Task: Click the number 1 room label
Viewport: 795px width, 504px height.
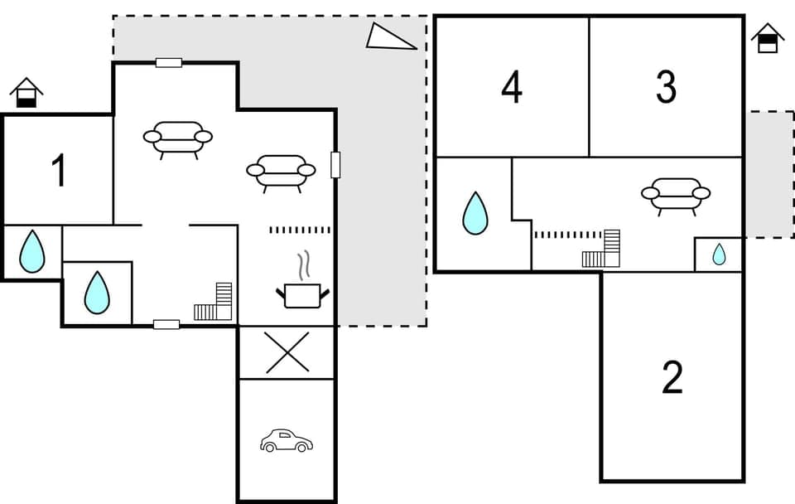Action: point(58,172)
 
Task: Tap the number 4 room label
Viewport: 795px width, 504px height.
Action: point(512,87)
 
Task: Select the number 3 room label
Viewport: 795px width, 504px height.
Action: point(666,87)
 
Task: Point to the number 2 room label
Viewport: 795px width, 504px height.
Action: point(672,378)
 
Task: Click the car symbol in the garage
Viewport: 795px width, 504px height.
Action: point(286,440)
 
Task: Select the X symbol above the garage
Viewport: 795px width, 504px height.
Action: point(287,352)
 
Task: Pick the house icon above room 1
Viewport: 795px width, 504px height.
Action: point(26,92)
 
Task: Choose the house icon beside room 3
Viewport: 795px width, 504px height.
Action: point(768,38)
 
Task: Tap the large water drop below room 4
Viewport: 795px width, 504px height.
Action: point(475,213)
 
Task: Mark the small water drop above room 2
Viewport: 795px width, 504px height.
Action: point(719,254)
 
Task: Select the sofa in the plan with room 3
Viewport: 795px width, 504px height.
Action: point(676,195)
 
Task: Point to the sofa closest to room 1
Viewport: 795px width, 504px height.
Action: point(177,138)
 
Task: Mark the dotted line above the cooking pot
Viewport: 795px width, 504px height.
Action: point(300,230)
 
